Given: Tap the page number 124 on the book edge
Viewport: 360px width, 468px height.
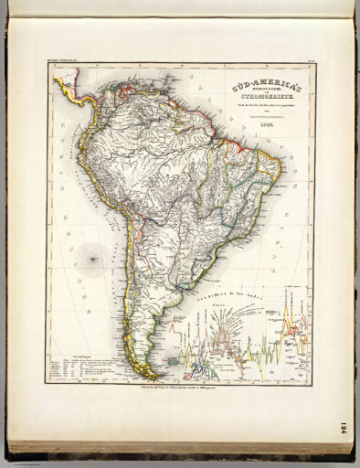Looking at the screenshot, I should click(343, 429).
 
